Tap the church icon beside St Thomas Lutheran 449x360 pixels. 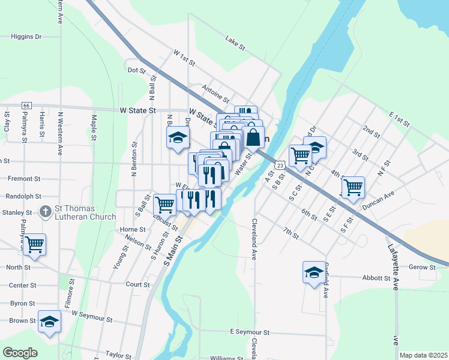coord(45,212)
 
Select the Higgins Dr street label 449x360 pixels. coord(26,37)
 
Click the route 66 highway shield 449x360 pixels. coord(26,106)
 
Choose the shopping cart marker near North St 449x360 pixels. coord(34,244)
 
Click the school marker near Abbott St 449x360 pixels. coord(314,273)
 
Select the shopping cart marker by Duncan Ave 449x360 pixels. coord(352,187)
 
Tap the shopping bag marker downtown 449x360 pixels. coord(253,137)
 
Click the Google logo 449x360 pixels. coord(20,353)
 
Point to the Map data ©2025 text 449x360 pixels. coord(423,355)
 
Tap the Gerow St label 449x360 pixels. coord(423,266)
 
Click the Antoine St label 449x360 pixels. coord(216,92)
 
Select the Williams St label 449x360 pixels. coord(226,358)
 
